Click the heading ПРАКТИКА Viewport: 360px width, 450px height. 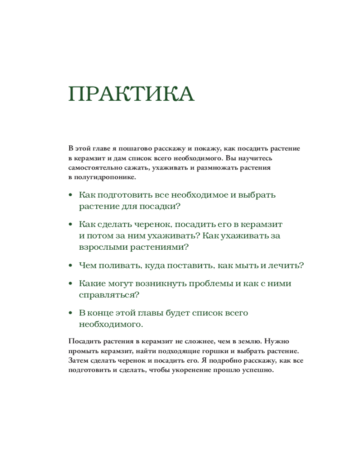click(x=131, y=94)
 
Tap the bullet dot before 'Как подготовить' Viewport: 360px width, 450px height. click(x=70, y=196)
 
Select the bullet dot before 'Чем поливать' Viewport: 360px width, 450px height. click(x=70, y=265)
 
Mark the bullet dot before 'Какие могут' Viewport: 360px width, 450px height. click(x=70, y=284)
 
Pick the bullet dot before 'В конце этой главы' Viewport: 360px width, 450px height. click(x=70, y=313)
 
